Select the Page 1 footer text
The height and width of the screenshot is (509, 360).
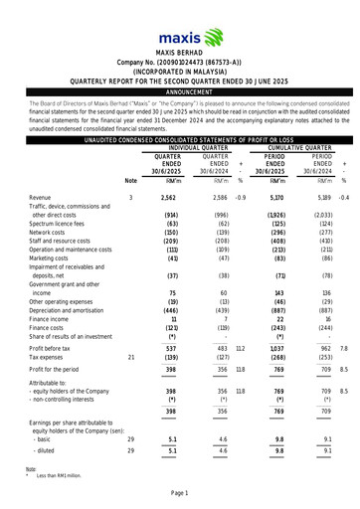[180, 493]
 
